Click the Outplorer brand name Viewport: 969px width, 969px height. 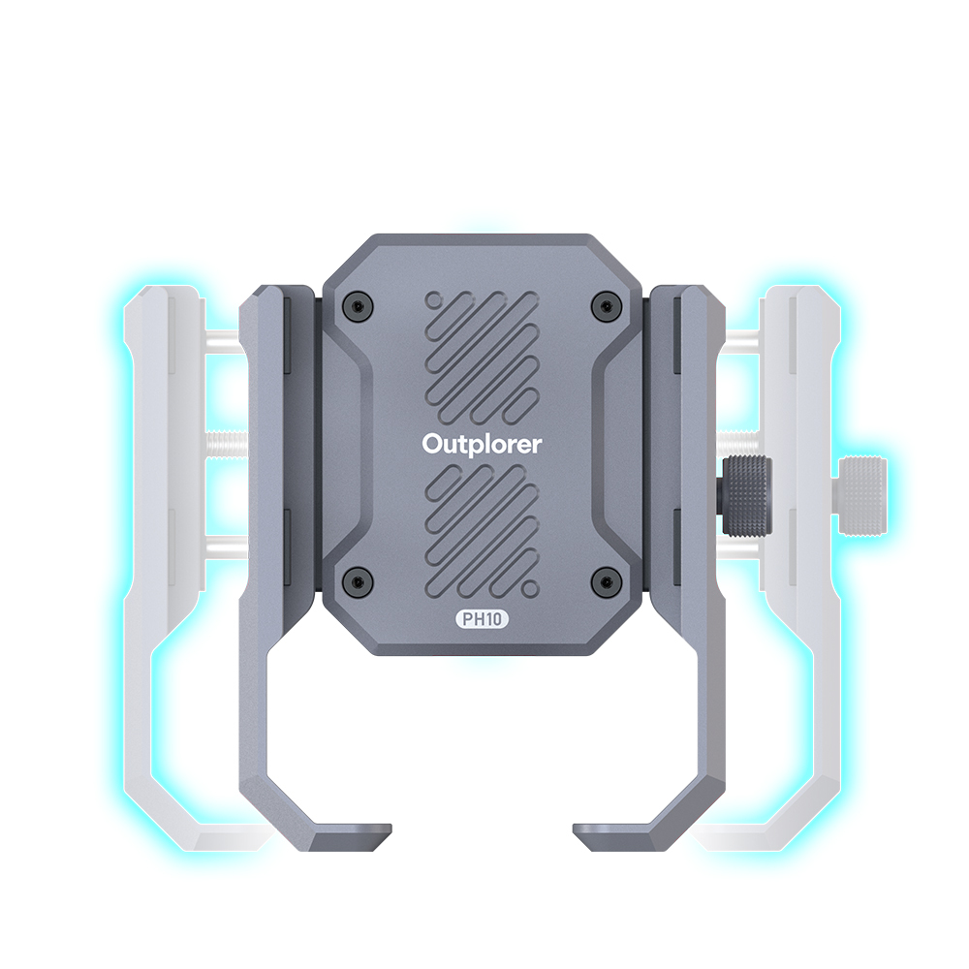click(482, 445)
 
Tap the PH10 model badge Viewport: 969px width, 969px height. click(482, 618)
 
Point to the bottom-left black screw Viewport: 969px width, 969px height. click(357, 580)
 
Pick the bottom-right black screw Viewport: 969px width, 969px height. click(605, 580)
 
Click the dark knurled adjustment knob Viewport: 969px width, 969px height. click(747, 495)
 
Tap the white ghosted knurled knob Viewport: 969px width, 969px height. click(860, 495)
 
